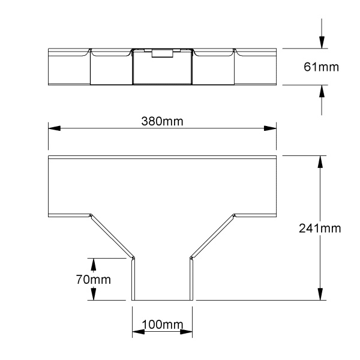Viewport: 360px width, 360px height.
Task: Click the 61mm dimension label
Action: (x=321, y=67)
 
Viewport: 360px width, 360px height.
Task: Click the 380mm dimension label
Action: (x=162, y=121)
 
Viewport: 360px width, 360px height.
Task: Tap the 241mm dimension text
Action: (x=320, y=229)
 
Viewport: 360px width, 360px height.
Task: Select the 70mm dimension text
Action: (x=94, y=280)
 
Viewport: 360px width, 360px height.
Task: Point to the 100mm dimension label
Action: (x=163, y=325)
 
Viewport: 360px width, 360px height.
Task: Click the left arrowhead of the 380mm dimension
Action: (x=55, y=128)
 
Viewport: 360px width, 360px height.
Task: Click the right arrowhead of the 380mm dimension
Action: (x=270, y=128)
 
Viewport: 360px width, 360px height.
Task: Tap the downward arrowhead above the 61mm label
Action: (x=322, y=42)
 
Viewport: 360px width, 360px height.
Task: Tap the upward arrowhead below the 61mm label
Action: (x=322, y=91)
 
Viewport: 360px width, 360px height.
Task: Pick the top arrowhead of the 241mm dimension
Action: (x=320, y=162)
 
